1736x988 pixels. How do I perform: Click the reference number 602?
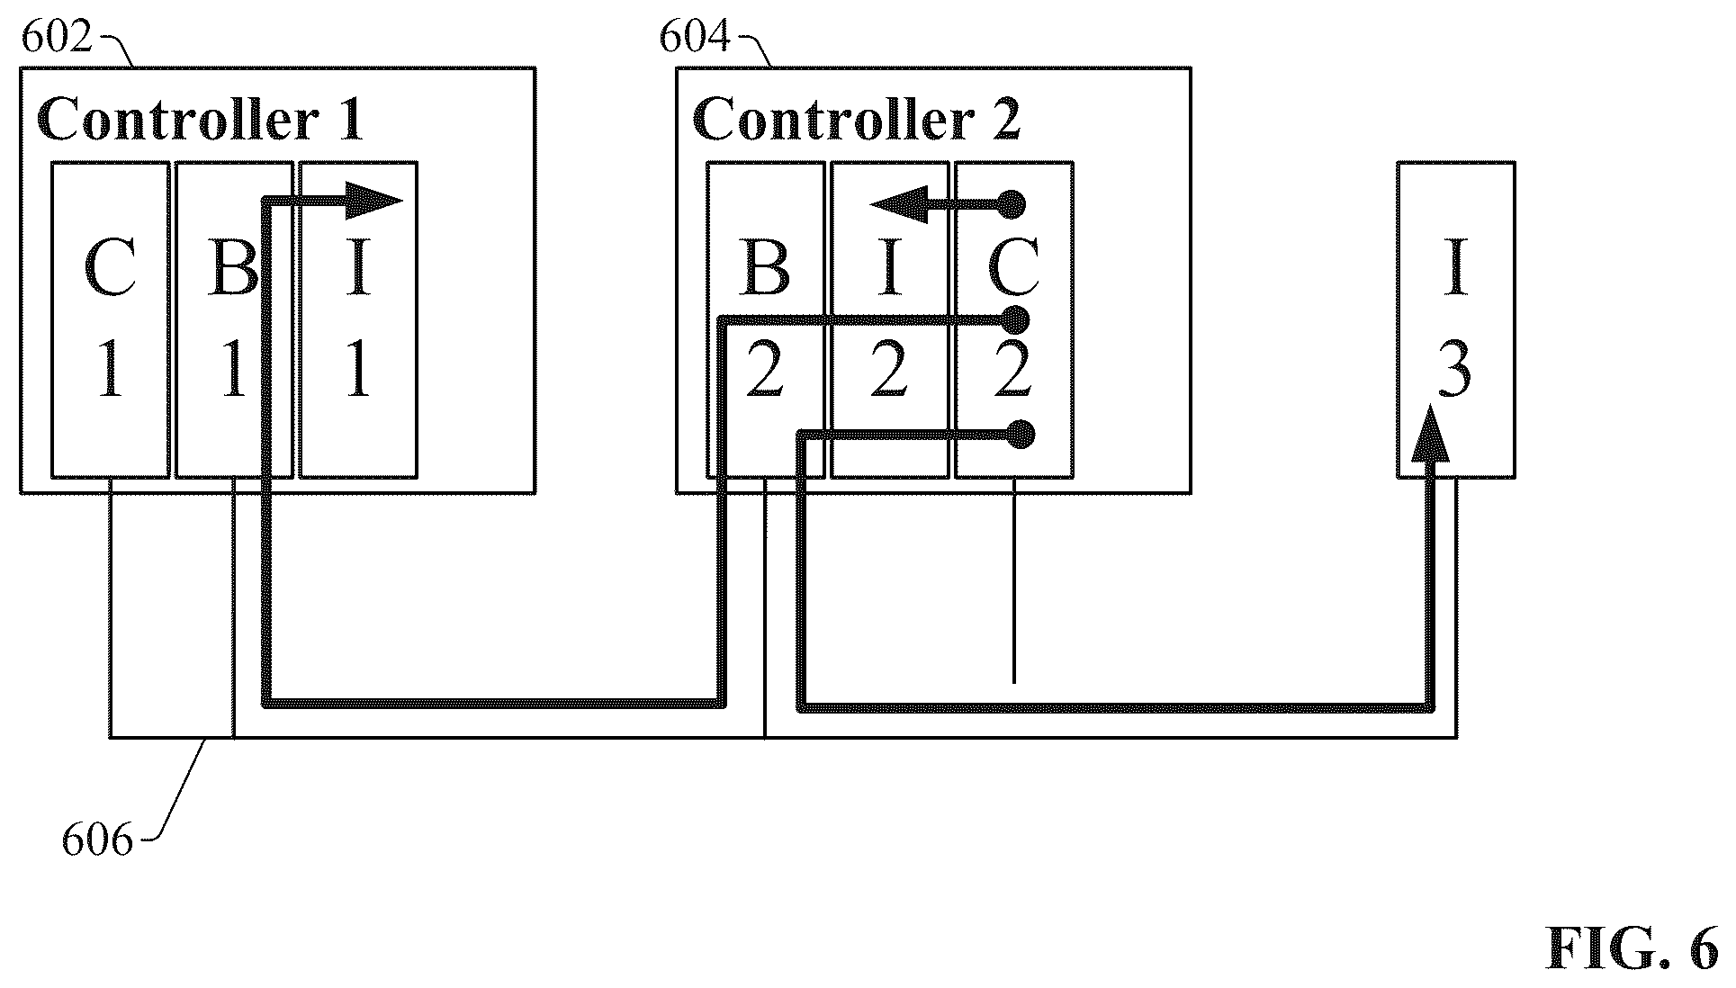pyautogui.click(x=57, y=39)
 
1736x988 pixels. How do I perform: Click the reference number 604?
pyautogui.click(x=695, y=39)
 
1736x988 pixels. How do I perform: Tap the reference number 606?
pyautogui.click(x=97, y=840)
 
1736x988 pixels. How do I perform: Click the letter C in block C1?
pyautogui.click(x=110, y=267)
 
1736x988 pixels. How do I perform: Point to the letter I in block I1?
pyautogui.click(x=358, y=267)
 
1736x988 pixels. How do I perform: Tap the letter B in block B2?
pyautogui.click(x=765, y=267)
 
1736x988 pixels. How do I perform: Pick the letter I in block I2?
pyautogui.click(x=889, y=267)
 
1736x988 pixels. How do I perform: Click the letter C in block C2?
pyautogui.click(x=1013, y=267)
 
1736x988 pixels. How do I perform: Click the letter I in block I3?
pyautogui.click(x=1455, y=267)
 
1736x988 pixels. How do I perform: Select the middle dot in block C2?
pyautogui.click(x=1015, y=319)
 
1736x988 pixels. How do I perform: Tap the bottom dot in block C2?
pyautogui.click(x=1020, y=436)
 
